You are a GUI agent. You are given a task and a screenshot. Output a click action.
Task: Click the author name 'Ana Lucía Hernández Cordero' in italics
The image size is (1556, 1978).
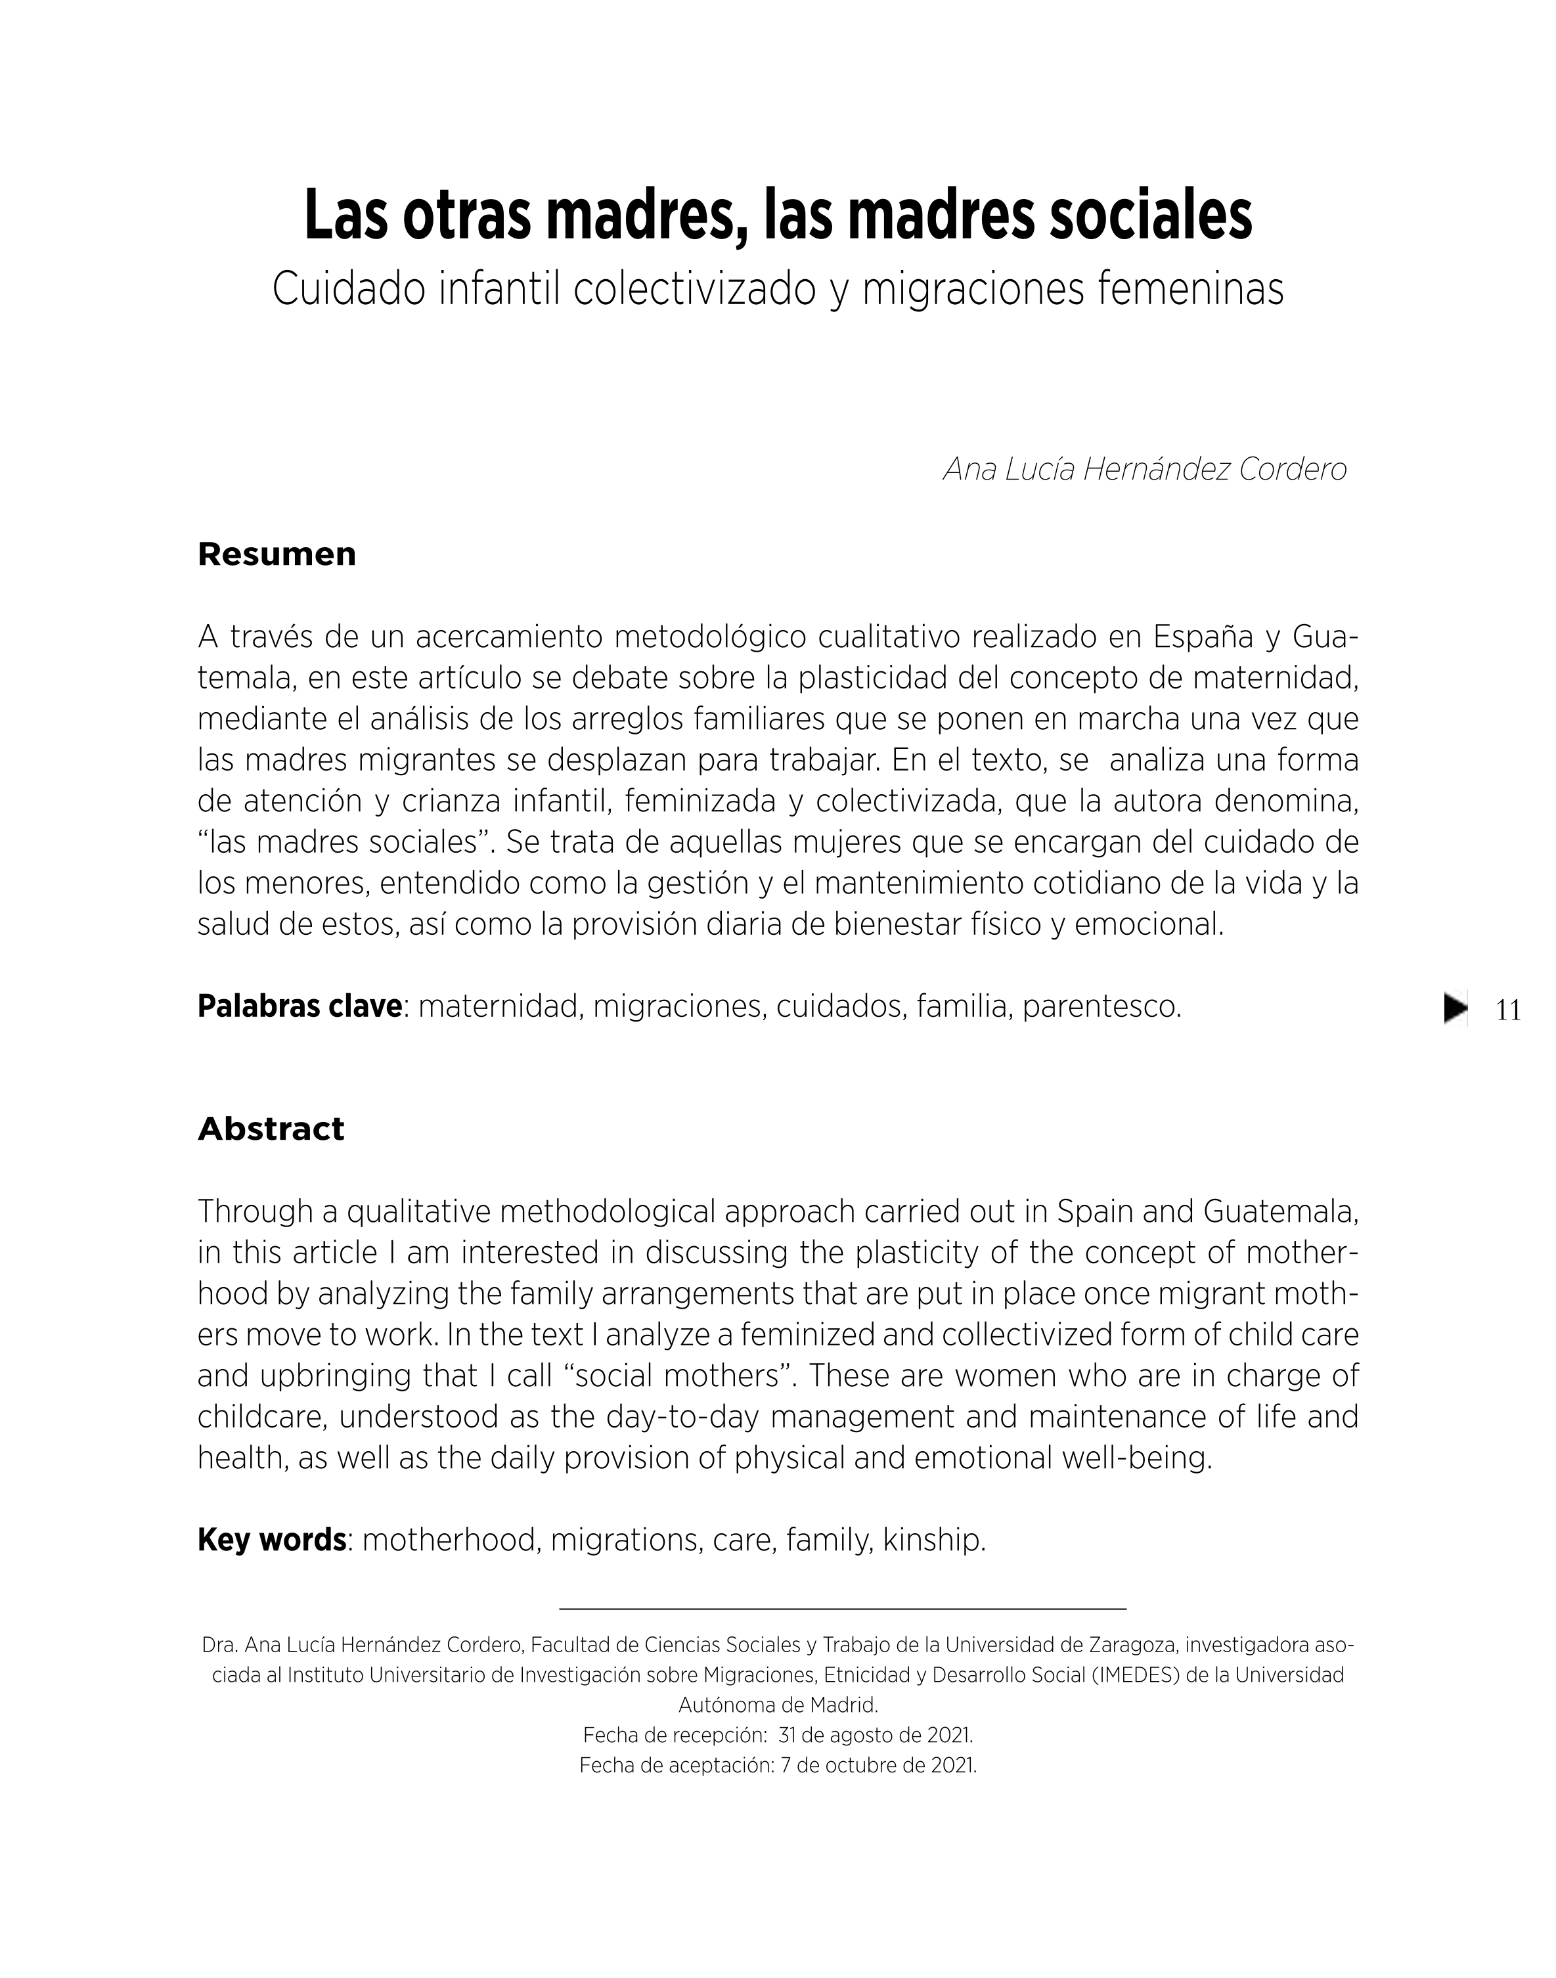1144,469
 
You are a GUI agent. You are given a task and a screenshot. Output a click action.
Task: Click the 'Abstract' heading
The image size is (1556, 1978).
271,1129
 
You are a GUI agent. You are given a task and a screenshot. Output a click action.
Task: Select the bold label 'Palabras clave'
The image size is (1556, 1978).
300,1007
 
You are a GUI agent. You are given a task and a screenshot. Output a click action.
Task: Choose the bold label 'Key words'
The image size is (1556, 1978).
271,1540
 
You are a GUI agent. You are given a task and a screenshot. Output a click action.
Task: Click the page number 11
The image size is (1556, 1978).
1509,1010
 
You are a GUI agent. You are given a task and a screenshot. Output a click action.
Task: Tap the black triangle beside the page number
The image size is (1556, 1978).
1456,1008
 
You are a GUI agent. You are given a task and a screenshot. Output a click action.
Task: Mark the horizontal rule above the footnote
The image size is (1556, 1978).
843,1610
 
